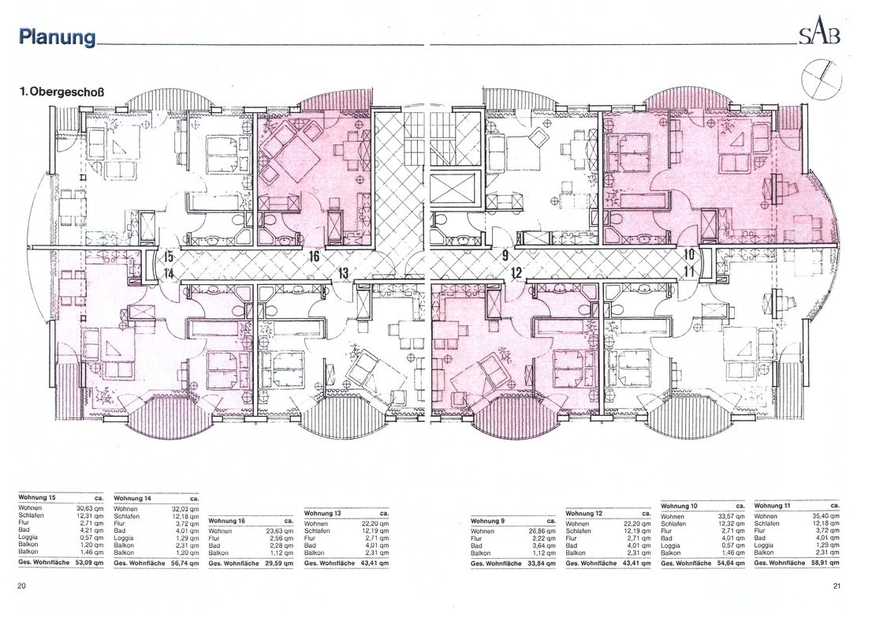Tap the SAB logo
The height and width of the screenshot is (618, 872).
819,35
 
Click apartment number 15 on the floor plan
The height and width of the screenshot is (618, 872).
168,256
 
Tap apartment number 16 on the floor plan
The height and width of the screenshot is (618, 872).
313,256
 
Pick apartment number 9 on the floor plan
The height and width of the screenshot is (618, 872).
505,256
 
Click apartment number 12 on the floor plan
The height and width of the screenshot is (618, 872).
516,273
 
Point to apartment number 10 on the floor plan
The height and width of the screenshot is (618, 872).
688,255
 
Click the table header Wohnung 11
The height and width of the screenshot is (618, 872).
773,504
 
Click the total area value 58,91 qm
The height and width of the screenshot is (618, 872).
825,563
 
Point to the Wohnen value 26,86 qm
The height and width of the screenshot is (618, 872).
542,531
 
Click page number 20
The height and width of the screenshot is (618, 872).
21,585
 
